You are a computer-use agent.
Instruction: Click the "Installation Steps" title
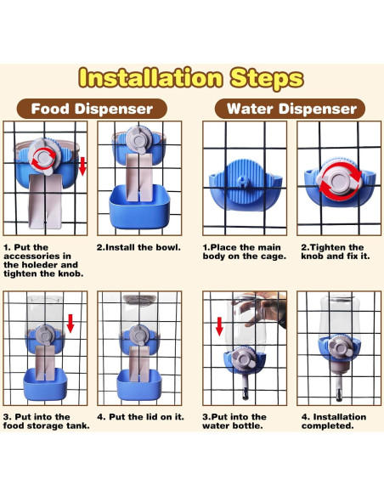191,78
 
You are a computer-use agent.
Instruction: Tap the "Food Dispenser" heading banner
92,109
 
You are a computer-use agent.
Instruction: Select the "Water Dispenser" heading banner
290,109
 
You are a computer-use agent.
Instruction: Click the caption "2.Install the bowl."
138,247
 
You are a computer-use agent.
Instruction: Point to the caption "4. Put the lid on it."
140,417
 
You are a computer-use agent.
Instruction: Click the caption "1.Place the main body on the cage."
244,251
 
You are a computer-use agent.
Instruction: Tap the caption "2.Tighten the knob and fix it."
336,251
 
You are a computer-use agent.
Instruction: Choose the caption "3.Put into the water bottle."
234,421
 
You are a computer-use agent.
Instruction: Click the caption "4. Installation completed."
334,421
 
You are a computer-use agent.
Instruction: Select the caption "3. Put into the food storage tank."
46,421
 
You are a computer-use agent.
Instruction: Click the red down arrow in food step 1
82,166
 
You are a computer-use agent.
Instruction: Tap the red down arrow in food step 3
71,324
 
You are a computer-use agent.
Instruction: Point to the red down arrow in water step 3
219,326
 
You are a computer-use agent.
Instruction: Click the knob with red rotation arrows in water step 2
339,180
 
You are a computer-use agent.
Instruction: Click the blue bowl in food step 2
139,207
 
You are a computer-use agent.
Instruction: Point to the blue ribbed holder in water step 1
246,186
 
